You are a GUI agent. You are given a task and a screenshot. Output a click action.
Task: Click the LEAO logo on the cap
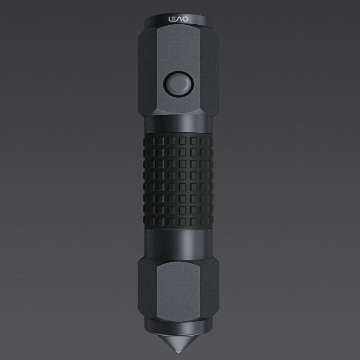(178, 19)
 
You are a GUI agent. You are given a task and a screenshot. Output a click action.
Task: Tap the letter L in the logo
(170, 19)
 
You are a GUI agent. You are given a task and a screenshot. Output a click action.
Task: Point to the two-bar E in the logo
(174, 19)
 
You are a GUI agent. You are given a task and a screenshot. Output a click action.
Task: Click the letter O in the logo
(185, 19)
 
